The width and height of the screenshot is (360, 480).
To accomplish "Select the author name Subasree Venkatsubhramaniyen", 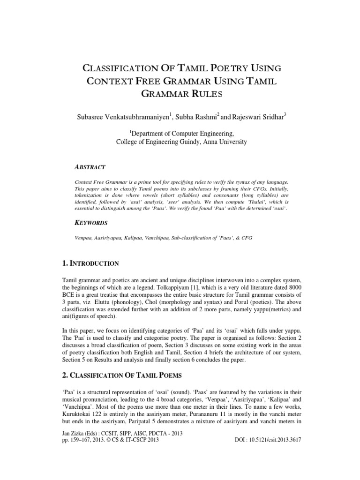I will [116, 116].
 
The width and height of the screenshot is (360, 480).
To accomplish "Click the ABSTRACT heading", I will [90, 167].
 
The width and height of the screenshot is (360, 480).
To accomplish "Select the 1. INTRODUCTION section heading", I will [88, 263].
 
